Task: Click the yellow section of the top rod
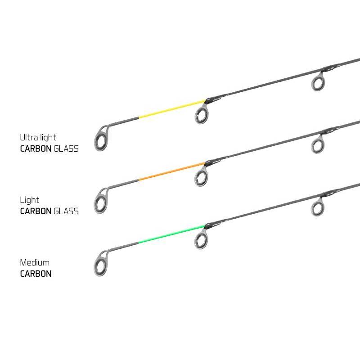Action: point(172,109)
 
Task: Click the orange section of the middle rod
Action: point(172,171)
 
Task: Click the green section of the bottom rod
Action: point(172,234)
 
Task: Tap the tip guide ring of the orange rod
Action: point(101,201)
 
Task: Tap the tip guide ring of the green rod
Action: point(101,264)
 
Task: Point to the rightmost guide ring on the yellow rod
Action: point(318,83)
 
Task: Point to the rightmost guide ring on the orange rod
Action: point(318,145)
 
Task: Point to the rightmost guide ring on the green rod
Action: point(318,208)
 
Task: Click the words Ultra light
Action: point(38,138)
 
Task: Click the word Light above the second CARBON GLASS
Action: point(30,200)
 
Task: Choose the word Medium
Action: point(35,262)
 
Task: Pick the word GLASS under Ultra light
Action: point(66,149)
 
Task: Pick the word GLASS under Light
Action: point(66,211)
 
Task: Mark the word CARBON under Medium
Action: point(36,274)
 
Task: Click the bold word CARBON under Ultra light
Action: point(36,149)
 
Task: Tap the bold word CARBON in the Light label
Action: point(36,211)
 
